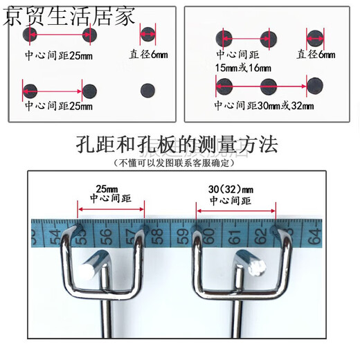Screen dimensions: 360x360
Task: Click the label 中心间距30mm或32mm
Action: tap(264, 106)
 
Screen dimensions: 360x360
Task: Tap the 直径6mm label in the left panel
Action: tap(148, 54)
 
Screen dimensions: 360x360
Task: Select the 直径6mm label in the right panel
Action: tap(316, 54)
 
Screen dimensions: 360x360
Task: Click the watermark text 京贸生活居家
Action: tap(69, 15)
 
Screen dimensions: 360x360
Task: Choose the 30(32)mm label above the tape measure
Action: tap(231, 188)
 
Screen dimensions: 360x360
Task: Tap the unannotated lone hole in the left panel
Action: tap(147, 89)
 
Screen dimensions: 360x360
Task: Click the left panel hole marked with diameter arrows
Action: tap(148, 34)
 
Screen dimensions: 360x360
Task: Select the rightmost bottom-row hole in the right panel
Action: tap(316, 86)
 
